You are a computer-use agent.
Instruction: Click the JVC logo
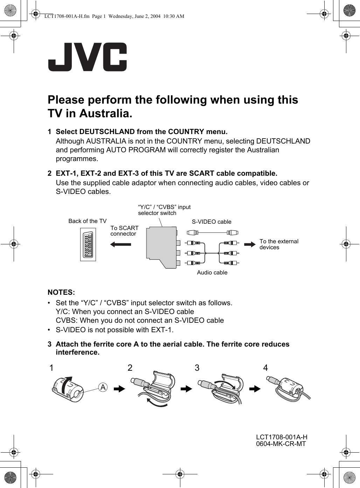click(x=88, y=57)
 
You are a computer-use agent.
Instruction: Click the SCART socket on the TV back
click(x=88, y=244)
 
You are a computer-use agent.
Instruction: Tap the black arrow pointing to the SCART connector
click(x=121, y=244)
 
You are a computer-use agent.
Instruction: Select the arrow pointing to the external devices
click(x=250, y=244)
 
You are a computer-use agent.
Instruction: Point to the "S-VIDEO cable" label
click(x=212, y=222)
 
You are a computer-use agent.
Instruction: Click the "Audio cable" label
click(x=212, y=272)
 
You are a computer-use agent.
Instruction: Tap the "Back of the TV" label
click(x=87, y=221)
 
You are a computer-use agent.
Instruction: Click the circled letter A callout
click(x=103, y=387)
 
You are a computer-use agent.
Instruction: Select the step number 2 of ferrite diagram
click(x=130, y=368)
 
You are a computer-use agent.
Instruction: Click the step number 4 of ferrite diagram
click(x=265, y=368)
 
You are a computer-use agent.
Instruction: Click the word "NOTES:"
click(x=61, y=292)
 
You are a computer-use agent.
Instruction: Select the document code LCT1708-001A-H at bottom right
click(x=282, y=437)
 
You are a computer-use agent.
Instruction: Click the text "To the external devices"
click(x=279, y=244)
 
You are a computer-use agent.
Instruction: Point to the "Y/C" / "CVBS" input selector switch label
click(x=164, y=210)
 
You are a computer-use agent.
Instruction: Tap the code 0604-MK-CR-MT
click(x=281, y=444)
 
